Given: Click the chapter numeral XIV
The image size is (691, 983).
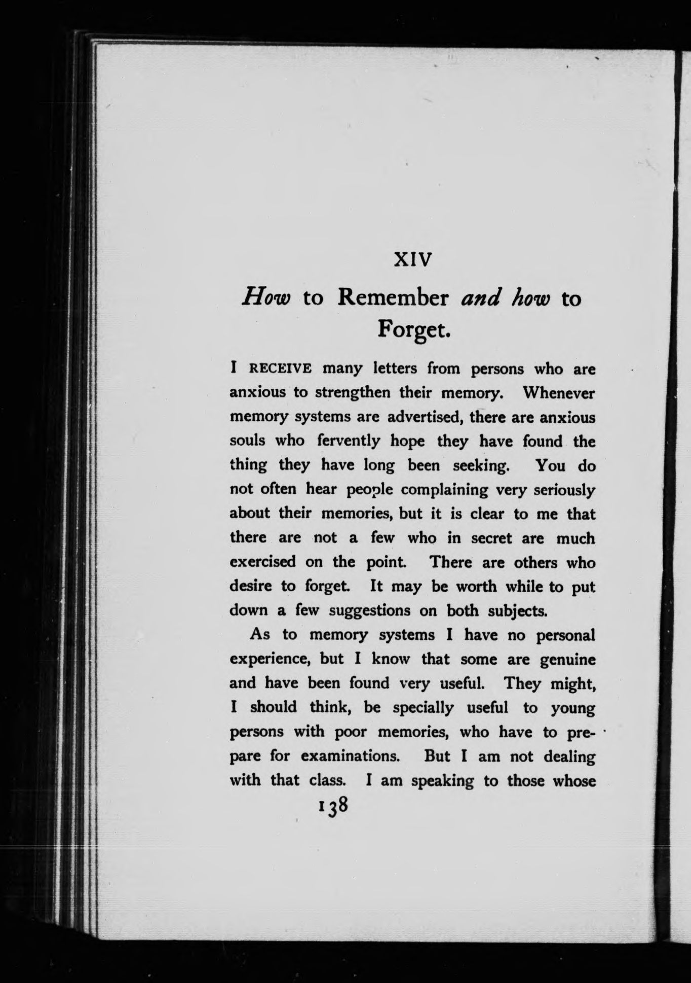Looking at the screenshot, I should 413,260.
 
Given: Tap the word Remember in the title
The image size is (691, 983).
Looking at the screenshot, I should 393,298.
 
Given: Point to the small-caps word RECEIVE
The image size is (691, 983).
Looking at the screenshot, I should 279,369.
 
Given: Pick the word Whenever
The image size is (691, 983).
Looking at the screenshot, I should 559,392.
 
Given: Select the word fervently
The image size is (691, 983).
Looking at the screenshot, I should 348,441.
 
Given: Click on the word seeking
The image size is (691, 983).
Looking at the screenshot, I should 480,465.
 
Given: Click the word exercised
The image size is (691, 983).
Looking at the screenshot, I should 262,562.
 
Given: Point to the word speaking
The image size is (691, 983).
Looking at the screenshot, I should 442,781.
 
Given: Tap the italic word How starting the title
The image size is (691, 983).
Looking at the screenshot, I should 265,299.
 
